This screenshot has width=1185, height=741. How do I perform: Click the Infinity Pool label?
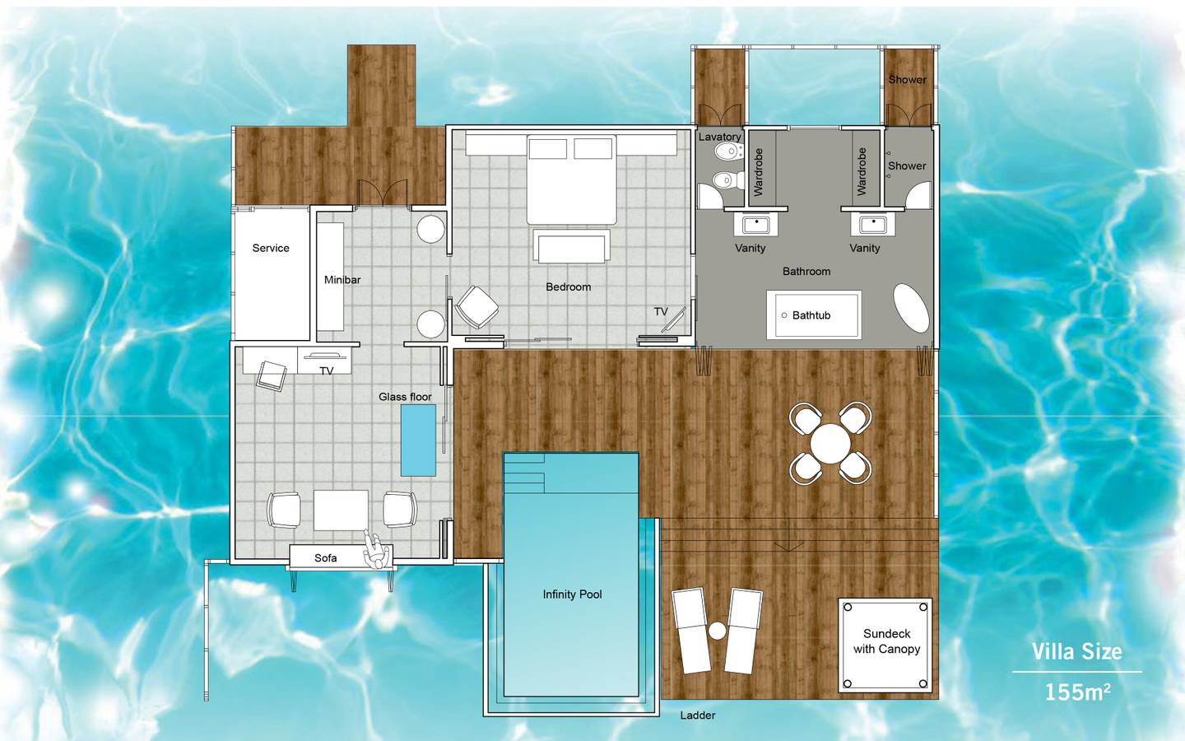pos(572,594)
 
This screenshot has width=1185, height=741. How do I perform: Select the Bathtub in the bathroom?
pos(813,315)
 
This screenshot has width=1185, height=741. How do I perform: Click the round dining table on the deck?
pos(830,443)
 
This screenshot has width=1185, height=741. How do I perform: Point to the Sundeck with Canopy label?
pos(886,641)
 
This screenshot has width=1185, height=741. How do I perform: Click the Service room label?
pos(271,248)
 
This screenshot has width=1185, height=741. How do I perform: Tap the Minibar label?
pos(342,280)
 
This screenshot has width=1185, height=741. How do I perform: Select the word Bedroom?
pos(568,287)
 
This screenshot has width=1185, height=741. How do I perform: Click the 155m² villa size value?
pos(1076,692)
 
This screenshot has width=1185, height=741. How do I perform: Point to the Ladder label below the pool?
pos(698,715)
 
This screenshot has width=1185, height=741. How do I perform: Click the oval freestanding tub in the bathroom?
pos(911,309)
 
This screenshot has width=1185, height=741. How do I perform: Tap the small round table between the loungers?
pos(718,631)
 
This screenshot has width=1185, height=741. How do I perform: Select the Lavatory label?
pos(719,137)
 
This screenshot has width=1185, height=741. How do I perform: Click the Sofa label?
pos(325,558)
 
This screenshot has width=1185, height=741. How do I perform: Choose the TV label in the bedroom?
pos(661,312)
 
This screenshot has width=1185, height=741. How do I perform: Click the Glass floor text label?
pos(405,397)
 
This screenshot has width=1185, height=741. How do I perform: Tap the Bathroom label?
pos(806,271)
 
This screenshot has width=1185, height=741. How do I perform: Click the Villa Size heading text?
pos(1076,652)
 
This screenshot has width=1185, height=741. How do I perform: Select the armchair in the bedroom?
pos(476,307)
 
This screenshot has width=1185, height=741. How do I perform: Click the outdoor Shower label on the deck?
pos(907,80)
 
